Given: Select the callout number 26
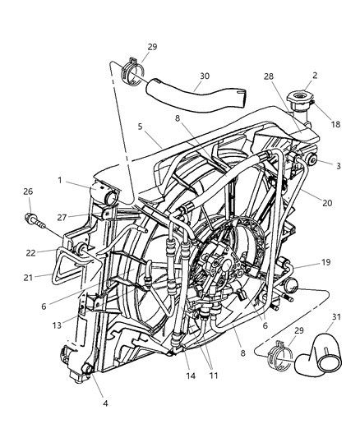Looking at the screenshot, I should [29, 192].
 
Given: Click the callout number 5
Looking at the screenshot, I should [141, 127].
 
